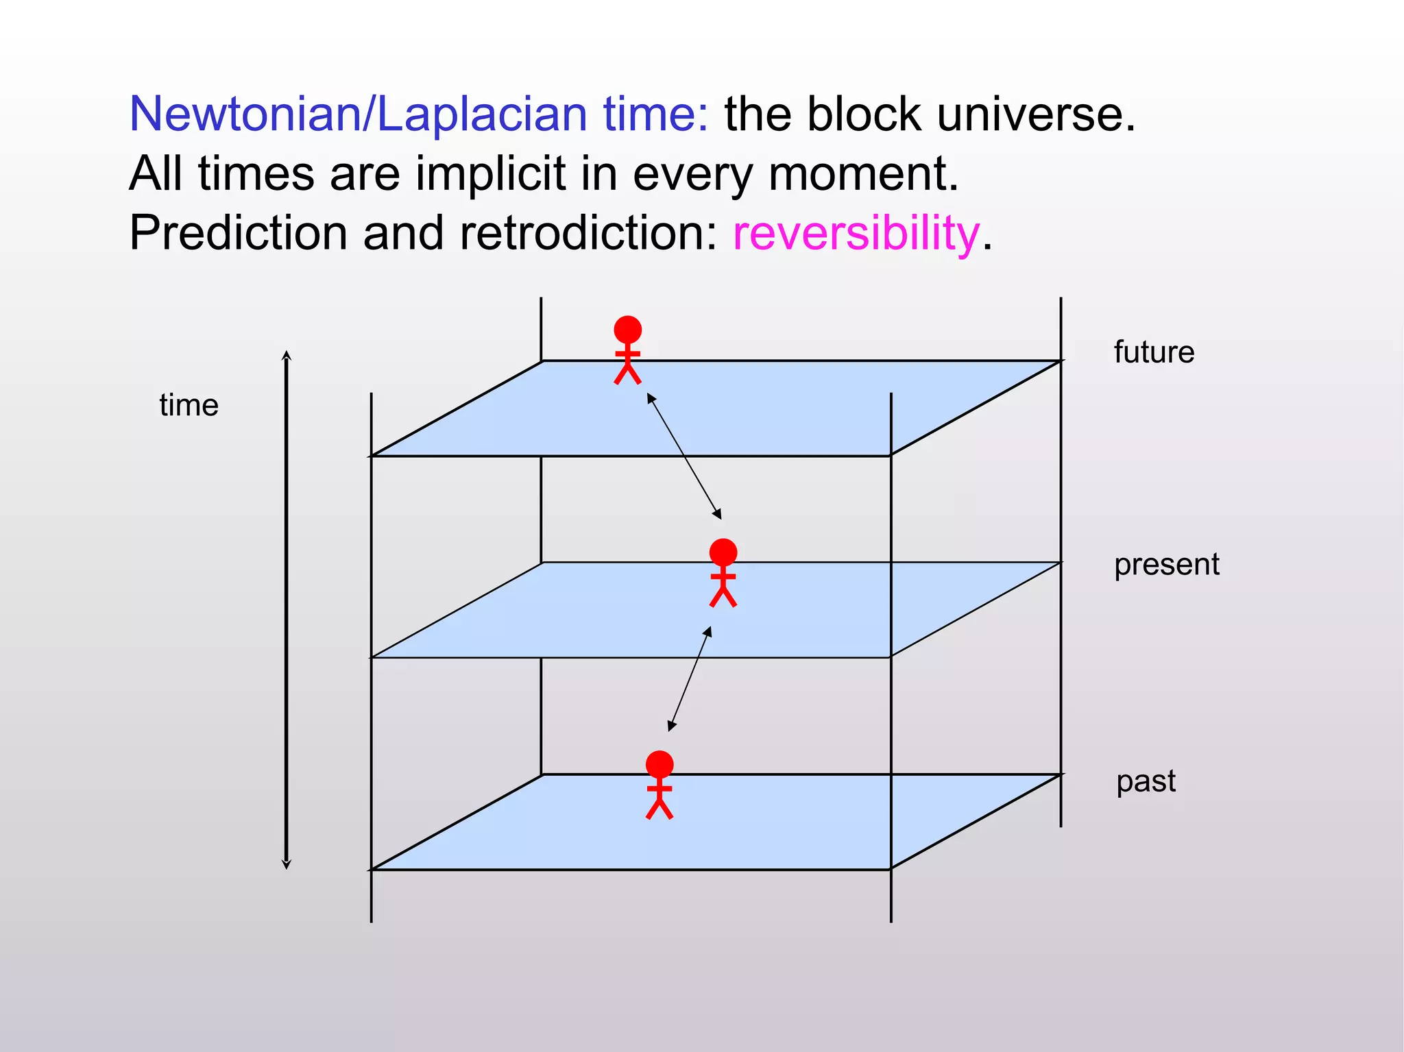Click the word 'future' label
(1154, 352)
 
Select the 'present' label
(1166, 565)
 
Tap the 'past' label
(1146, 781)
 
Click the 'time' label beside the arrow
(189, 405)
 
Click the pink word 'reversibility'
(856, 233)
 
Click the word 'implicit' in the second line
(490, 173)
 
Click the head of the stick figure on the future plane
(627, 330)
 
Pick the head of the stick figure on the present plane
(723, 552)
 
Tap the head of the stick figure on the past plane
(659, 764)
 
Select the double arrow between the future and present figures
(684, 456)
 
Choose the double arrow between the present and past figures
(690, 678)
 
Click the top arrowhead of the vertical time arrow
(287, 356)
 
